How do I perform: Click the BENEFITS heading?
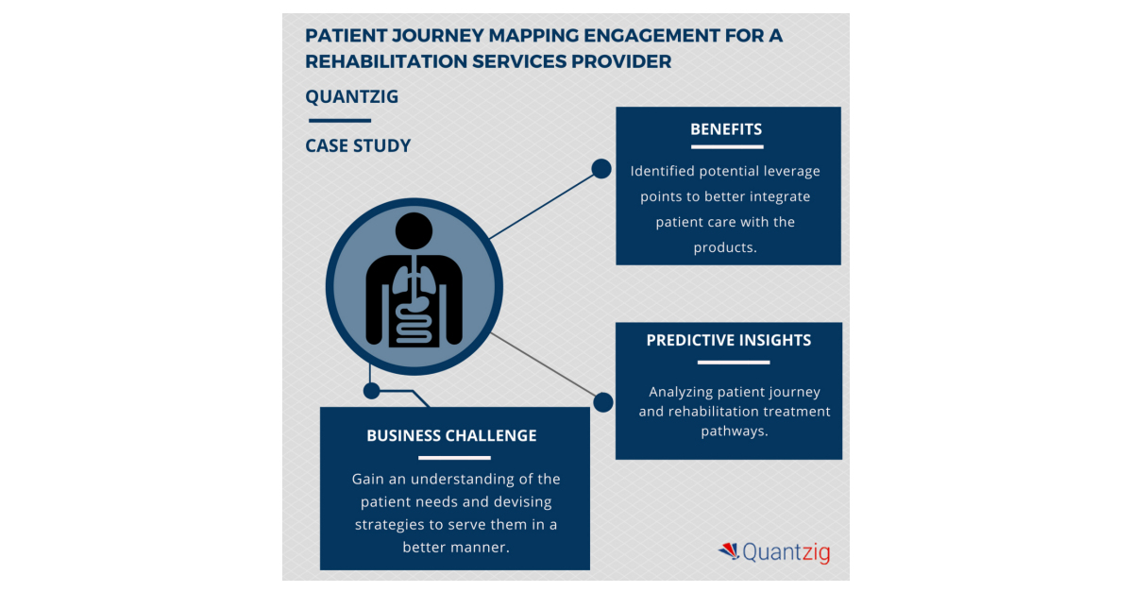pos(726,129)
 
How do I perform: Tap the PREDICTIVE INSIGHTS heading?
pos(728,341)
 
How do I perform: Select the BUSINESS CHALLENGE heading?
pos(451,435)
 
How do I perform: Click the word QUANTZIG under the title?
pos(352,96)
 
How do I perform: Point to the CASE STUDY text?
pos(358,145)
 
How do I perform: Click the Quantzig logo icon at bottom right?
pos(728,550)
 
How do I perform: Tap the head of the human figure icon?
pos(414,231)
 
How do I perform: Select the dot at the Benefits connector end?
pos(600,169)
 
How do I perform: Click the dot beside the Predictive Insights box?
pos(603,402)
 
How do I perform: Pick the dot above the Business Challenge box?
pos(372,389)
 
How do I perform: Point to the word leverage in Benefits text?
pos(788,172)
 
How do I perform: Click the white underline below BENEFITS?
pos(726,146)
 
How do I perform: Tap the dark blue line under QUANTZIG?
pos(339,121)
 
